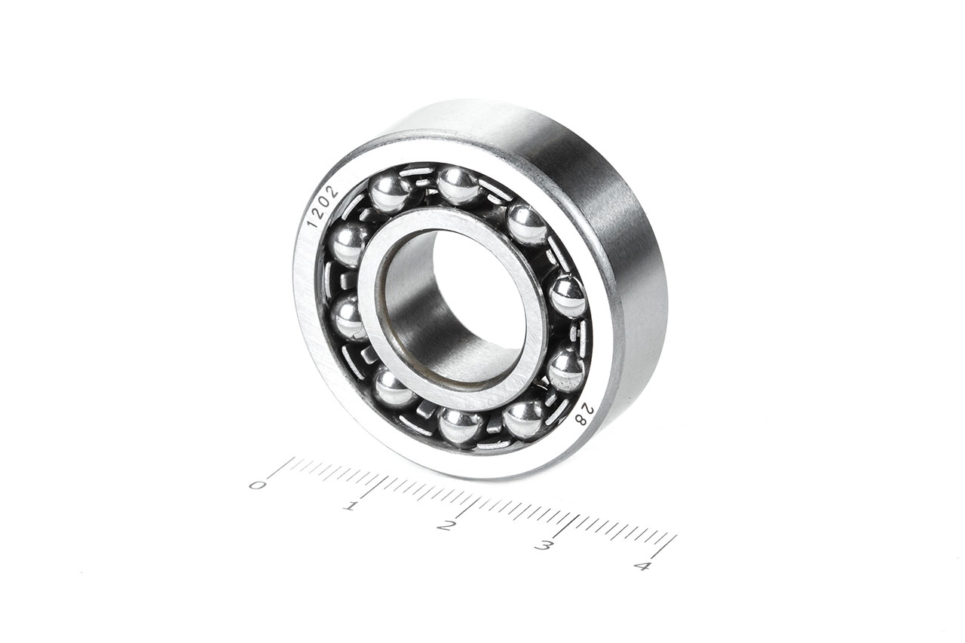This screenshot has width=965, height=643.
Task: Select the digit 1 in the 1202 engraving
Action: pyautogui.click(x=313, y=223)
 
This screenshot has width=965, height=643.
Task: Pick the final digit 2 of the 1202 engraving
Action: pyautogui.click(x=332, y=191)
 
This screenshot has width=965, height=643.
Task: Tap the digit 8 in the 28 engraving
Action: pyautogui.click(x=583, y=419)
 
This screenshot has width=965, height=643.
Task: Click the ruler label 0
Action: pyautogui.click(x=257, y=485)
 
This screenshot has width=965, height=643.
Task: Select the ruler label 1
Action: pyautogui.click(x=351, y=506)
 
